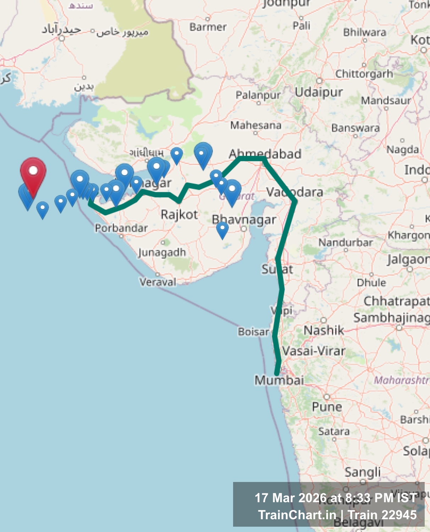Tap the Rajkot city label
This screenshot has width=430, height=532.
(x=179, y=215)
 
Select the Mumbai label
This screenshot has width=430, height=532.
(x=279, y=381)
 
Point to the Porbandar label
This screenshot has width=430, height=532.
(x=121, y=228)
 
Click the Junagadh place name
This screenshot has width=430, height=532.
(x=162, y=253)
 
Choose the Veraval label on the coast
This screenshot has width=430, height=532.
(x=158, y=282)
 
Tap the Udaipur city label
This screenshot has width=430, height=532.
(x=319, y=92)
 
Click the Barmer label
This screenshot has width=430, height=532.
(x=208, y=27)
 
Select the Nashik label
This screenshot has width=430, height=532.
(x=324, y=331)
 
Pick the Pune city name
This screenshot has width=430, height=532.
(x=327, y=407)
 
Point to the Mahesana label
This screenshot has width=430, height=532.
(x=255, y=125)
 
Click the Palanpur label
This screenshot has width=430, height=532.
(x=258, y=95)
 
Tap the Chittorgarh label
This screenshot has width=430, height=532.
(x=364, y=74)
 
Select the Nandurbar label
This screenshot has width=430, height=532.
(x=346, y=243)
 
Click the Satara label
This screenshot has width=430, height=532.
(x=334, y=432)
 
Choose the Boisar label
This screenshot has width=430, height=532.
(x=253, y=332)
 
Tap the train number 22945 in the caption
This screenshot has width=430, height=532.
(x=399, y=515)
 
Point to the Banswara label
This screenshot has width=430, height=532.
(x=355, y=128)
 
